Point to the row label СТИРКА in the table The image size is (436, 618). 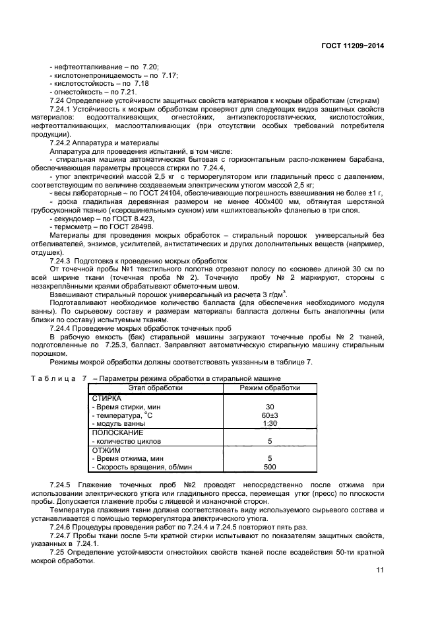[x=106, y=399]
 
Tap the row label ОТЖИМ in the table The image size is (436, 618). [x=104, y=450]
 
